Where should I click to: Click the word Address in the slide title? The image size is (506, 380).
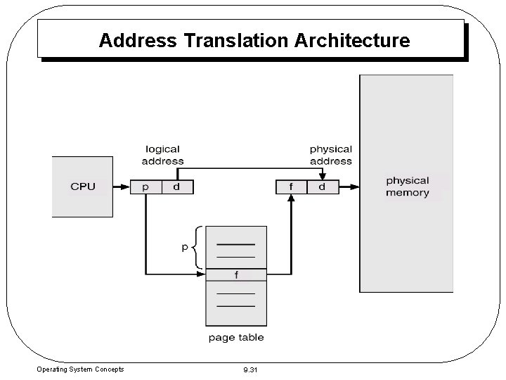tap(138, 40)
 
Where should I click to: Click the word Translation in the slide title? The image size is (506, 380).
tap(240, 40)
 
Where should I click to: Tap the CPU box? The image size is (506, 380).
tap(83, 186)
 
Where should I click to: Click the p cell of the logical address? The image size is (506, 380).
tap(145, 187)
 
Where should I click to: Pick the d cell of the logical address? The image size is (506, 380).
tap(176, 187)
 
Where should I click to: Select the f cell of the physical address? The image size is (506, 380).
tap(291, 187)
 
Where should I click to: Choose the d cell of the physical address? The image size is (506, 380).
tap(322, 187)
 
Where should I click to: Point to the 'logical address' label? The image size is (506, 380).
tap(163, 155)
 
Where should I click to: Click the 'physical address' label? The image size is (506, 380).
tap(330, 155)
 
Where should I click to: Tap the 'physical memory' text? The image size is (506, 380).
tap(407, 186)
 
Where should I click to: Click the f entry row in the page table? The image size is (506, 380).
tap(236, 274)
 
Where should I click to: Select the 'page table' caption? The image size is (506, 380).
tap(236, 338)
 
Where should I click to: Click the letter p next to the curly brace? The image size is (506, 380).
tap(185, 248)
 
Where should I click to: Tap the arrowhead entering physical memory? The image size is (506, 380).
tap(355, 187)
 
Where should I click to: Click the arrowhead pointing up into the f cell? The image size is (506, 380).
tap(291, 198)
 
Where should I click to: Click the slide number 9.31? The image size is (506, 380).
tap(249, 369)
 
